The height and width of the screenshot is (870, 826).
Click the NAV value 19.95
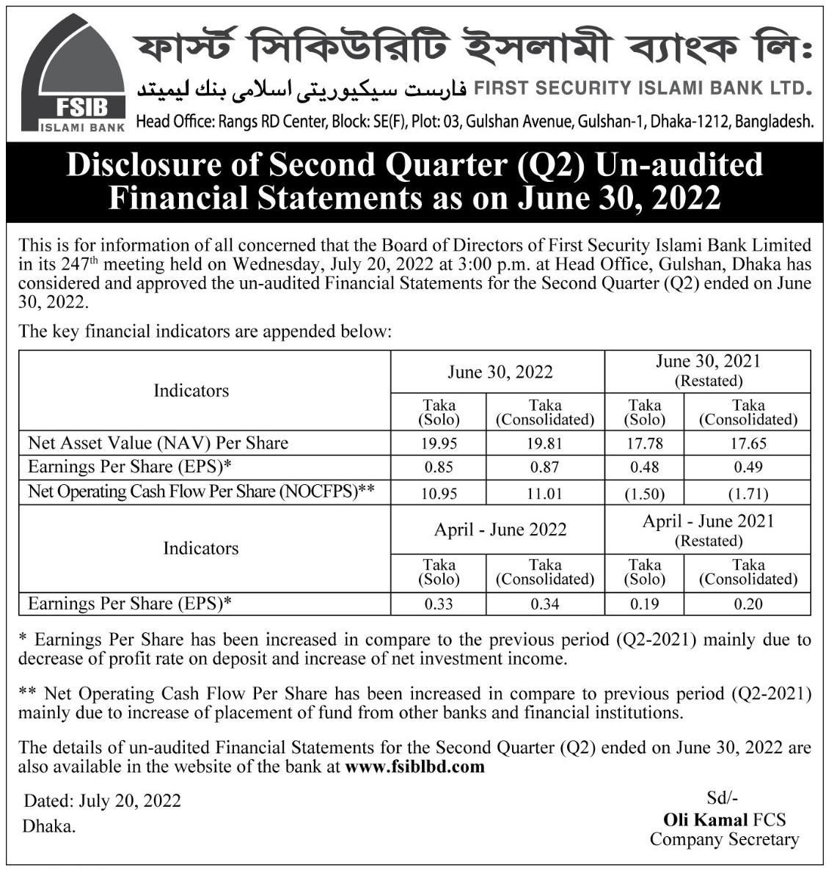439,443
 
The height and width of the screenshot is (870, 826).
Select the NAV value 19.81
544,443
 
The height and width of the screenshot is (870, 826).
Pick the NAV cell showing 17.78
644,443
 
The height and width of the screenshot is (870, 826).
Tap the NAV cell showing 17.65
748,443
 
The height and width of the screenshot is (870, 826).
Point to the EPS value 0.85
439,467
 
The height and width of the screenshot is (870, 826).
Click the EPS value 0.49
748,467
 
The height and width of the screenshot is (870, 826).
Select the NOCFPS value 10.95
439,494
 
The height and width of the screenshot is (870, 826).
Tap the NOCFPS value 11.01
544,494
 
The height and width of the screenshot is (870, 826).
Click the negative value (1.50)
644,494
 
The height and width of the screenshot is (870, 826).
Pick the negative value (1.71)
748,494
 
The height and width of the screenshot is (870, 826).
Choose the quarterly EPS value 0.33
439,604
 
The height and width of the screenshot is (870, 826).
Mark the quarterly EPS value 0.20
748,604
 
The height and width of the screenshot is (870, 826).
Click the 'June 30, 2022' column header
500,372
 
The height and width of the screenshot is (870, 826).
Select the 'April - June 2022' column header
500,530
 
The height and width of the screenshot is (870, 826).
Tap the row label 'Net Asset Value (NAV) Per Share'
158,443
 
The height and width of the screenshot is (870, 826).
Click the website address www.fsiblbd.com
414,767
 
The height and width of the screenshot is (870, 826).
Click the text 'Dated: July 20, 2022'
103,800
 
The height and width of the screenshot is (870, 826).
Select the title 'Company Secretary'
723,839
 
